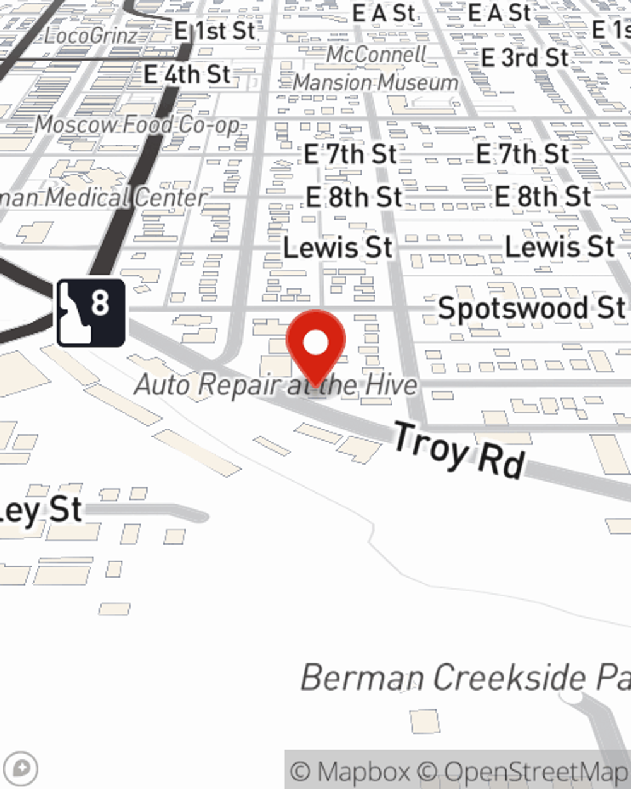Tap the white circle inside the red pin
(x=315, y=343)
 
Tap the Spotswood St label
(x=531, y=309)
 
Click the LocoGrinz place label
(x=91, y=35)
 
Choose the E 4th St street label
(x=187, y=74)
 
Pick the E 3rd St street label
(x=524, y=58)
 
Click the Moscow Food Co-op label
(x=138, y=124)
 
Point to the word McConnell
(x=376, y=55)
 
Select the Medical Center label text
(x=126, y=198)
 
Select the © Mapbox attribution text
(x=351, y=771)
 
